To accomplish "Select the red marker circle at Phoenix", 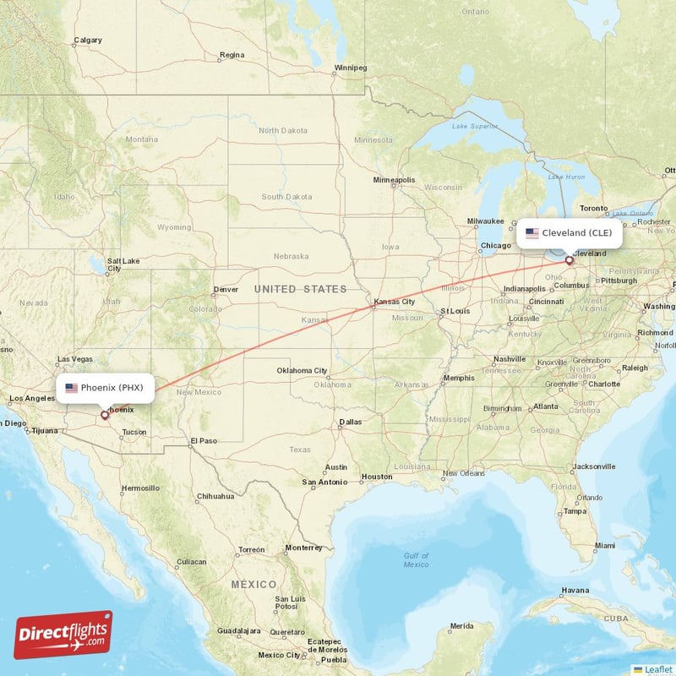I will (x=105, y=415).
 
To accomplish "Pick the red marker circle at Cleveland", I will (x=569, y=260).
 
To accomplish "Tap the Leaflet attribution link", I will (x=657, y=669).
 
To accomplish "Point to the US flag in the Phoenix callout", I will (x=71, y=388).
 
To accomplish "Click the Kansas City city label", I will (x=394, y=302).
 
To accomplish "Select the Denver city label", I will (x=226, y=289).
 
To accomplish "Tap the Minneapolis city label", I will (x=394, y=180).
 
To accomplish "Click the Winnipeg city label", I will (x=351, y=67).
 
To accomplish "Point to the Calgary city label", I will (x=88, y=40).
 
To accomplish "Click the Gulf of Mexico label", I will (x=416, y=559).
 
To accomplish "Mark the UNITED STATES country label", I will (x=300, y=289).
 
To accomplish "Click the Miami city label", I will (x=604, y=546).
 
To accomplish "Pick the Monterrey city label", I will (x=303, y=548).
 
